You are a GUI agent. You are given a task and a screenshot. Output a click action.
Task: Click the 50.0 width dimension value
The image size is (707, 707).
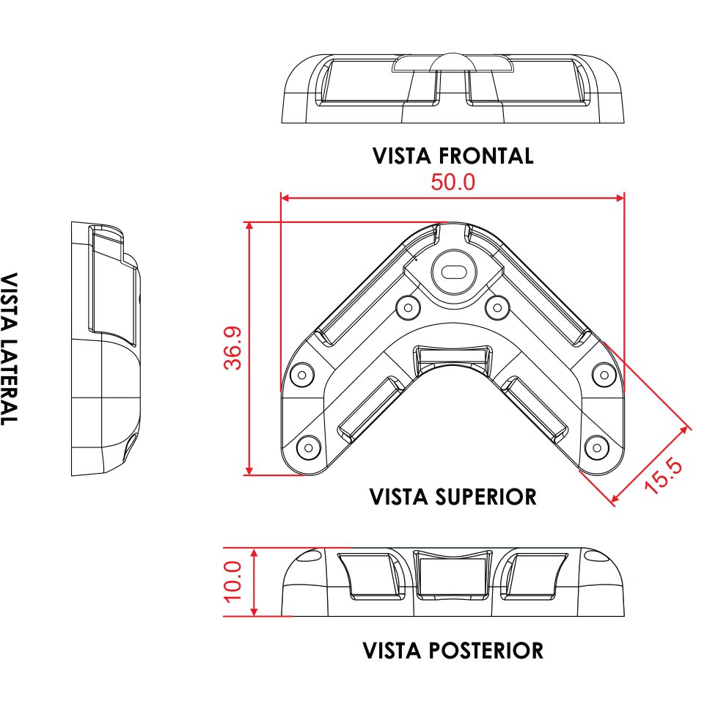(453, 182)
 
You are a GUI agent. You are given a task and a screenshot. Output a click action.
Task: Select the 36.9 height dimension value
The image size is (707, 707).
(233, 348)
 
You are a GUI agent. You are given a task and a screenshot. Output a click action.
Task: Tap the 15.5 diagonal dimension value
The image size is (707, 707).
(663, 476)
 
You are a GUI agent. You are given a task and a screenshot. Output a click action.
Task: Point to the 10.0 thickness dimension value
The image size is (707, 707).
(233, 582)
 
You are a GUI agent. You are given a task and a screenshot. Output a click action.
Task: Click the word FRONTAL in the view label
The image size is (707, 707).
(486, 156)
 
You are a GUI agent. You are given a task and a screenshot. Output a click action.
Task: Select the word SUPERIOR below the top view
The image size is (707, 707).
(486, 497)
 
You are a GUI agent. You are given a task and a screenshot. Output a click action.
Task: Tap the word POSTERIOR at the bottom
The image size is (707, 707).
(486, 651)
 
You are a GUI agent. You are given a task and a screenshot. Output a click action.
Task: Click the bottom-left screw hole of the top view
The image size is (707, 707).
(309, 447)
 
